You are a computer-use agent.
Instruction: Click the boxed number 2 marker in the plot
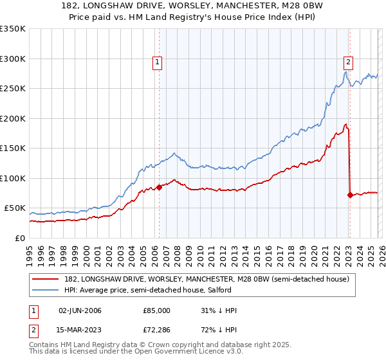(348, 62)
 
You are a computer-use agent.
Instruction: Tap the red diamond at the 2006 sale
(160, 187)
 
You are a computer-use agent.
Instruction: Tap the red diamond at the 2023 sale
(350, 195)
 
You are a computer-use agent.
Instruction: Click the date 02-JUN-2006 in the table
(80, 310)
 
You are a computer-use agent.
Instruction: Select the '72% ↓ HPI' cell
(219, 332)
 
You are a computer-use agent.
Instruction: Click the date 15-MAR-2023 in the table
(80, 332)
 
